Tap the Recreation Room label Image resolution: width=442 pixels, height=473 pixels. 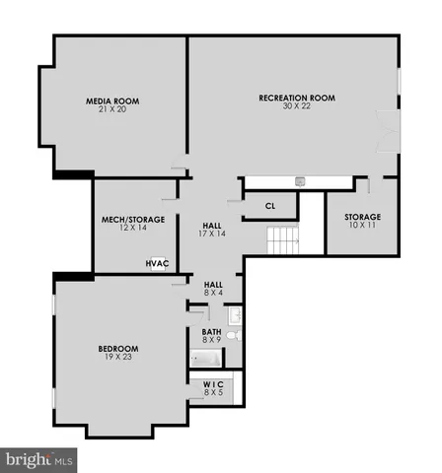[x=297, y=98]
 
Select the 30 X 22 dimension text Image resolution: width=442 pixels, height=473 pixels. [x=297, y=106]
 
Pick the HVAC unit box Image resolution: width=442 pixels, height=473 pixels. [x=157, y=263]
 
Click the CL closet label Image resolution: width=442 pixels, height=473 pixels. [x=271, y=206]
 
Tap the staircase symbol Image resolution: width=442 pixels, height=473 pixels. [x=283, y=239]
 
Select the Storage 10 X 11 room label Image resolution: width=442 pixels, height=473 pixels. [x=362, y=217]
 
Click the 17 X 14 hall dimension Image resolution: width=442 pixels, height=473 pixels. [x=212, y=234]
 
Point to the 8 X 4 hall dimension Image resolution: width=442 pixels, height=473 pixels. [x=213, y=293]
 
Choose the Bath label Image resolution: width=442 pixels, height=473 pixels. [x=212, y=332]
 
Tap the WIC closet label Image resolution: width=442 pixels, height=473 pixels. [x=213, y=384]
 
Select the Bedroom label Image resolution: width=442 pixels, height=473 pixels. [x=117, y=348]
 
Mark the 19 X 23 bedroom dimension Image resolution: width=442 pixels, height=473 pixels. [x=117, y=357]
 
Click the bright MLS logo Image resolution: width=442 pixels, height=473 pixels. [x=39, y=459]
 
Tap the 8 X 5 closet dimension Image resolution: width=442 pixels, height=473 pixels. [x=213, y=393]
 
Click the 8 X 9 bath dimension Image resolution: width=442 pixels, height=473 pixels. [x=212, y=341]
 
